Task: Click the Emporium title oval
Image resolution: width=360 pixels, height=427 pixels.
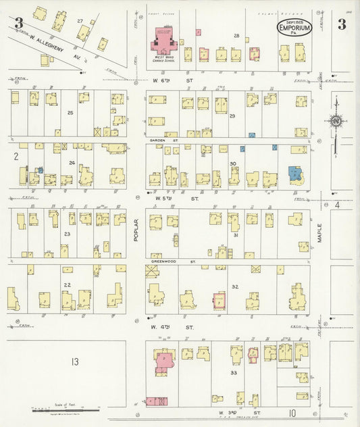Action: (x=295, y=29)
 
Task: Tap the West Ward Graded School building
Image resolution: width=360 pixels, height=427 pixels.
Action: (x=163, y=41)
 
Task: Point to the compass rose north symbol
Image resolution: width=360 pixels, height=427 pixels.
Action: (x=336, y=122)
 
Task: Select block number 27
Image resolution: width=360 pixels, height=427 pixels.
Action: (x=80, y=22)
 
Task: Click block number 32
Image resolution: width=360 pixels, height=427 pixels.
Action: (x=234, y=286)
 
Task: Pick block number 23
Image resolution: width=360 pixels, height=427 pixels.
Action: (x=66, y=234)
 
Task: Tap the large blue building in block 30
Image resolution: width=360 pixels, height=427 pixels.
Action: (x=294, y=174)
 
